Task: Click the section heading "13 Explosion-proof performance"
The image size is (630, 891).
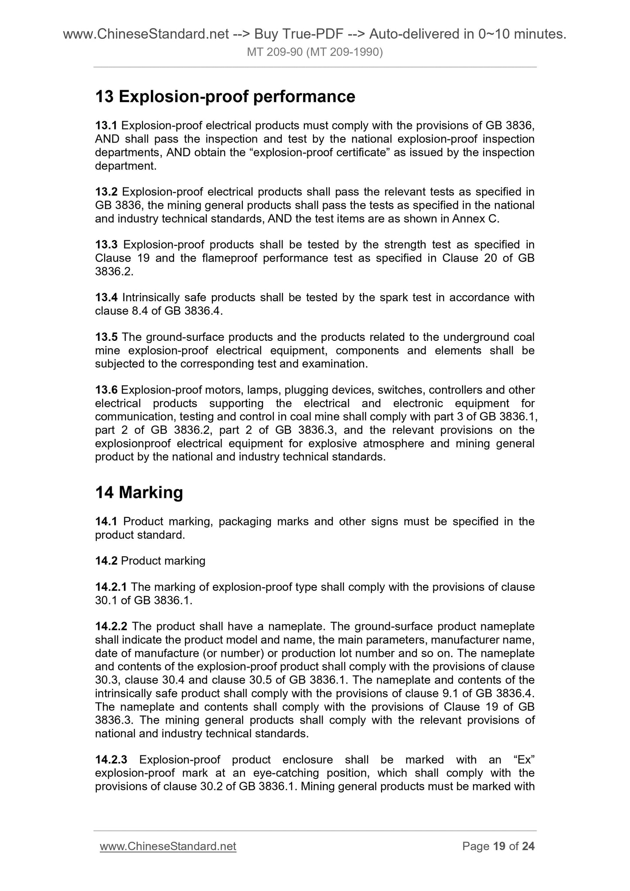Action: pos(225,96)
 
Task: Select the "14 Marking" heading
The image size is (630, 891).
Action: pos(139,493)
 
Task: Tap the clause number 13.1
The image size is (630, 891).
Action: pos(106,126)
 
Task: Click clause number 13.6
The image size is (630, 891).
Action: pos(106,390)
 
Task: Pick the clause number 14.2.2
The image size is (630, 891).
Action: pos(111,626)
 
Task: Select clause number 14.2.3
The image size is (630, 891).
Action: pos(111,760)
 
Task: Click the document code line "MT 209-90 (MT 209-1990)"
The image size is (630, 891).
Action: pos(315,53)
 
